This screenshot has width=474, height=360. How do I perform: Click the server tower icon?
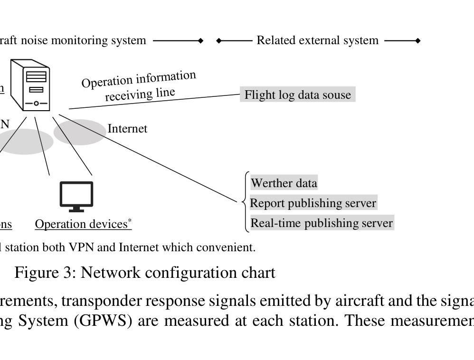click(30, 85)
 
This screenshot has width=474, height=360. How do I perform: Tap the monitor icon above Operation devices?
click(76, 196)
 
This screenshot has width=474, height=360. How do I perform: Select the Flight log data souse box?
click(297, 95)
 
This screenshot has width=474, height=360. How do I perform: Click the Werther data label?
click(284, 183)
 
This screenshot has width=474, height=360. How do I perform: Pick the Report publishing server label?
click(313, 203)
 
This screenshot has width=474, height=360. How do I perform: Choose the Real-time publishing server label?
click(322, 223)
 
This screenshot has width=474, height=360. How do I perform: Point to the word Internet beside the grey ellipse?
click(127, 128)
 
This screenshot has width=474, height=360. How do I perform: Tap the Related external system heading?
click(317, 40)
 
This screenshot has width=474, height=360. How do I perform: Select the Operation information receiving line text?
click(138, 86)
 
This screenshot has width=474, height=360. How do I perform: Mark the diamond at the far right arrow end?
click(418, 41)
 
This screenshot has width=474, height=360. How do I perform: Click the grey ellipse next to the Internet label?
click(78, 132)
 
